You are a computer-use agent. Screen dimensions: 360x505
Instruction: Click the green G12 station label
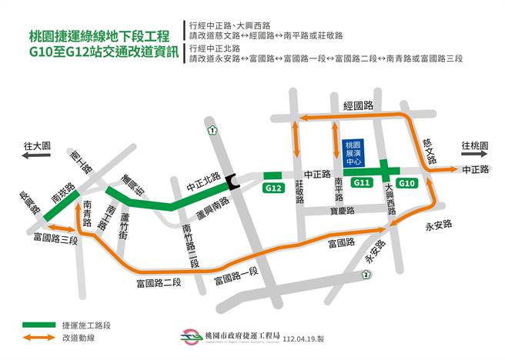pyautogui.click(x=272, y=188)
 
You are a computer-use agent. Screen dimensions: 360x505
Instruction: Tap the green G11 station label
pyautogui.click(x=361, y=183)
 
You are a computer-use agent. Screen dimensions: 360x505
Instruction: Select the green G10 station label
pyautogui.click(x=408, y=183)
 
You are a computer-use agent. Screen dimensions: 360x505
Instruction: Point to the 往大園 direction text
pyautogui.click(x=36, y=145)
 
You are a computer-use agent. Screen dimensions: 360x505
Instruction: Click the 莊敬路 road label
pyautogui.click(x=299, y=193)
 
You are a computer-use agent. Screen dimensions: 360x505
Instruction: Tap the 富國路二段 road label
pyautogui.click(x=159, y=282)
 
